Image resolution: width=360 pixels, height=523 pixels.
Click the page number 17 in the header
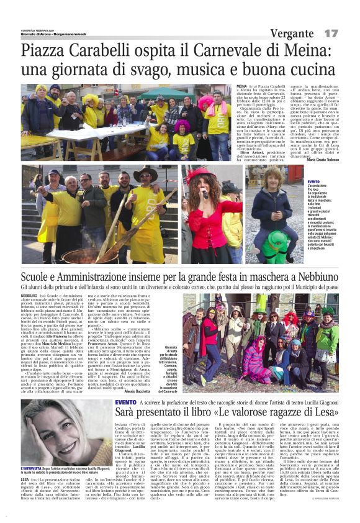pos(331,32)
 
